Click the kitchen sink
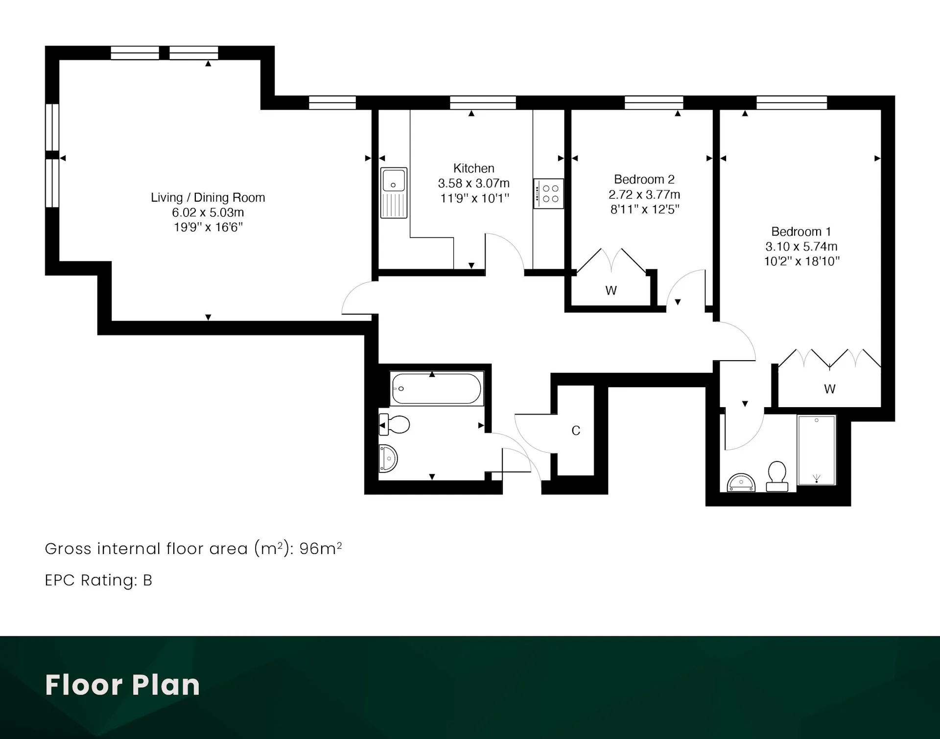point(394,193)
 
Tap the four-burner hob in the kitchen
point(548,194)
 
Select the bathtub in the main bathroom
point(437,389)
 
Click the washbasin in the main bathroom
point(388,459)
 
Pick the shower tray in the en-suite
point(816,450)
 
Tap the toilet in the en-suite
point(777,476)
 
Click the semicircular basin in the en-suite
point(741,483)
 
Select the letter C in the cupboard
point(576,431)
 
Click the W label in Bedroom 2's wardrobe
point(611,291)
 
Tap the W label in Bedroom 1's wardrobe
point(829,389)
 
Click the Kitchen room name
point(473,168)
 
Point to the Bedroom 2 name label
point(644,179)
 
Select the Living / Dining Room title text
point(208,197)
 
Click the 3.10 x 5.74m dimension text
point(801,246)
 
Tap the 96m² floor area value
point(321,548)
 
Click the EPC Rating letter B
point(147,580)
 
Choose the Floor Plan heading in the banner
point(122,685)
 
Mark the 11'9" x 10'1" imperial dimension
point(474,198)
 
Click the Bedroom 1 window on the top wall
point(792,103)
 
